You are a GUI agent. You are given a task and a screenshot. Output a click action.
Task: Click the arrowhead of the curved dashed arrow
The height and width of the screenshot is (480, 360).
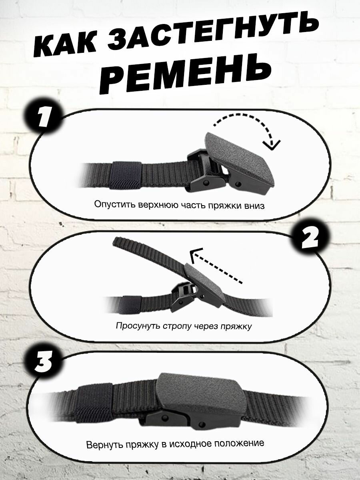(x=271, y=145)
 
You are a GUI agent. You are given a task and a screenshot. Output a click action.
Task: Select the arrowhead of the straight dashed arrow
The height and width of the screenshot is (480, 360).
(x=196, y=254)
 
